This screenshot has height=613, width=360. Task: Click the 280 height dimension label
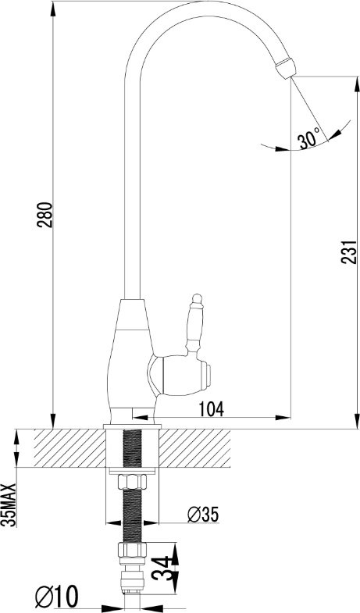(x=45, y=215)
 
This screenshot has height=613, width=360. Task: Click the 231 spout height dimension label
(x=349, y=251)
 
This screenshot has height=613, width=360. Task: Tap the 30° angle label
(x=308, y=139)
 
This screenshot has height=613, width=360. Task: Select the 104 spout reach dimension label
(x=212, y=409)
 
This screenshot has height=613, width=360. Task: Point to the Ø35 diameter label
(x=203, y=514)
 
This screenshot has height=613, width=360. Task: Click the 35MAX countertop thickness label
(x=9, y=505)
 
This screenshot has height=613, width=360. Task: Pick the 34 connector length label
(x=162, y=568)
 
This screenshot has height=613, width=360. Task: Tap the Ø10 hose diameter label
(x=57, y=596)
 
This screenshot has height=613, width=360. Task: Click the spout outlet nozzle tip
(x=286, y=68)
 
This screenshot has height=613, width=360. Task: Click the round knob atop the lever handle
(x=197, y=299)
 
